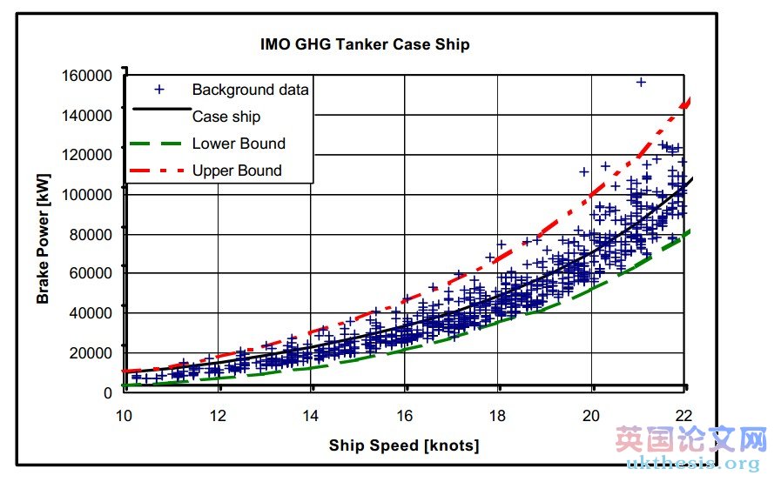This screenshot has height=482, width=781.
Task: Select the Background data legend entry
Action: click(x=250, y=90)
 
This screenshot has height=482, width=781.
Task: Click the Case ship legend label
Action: click(x=226, y=117)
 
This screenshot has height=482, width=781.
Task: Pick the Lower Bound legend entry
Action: click(x=238, y=144)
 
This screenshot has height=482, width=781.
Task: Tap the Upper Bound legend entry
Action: click(x=237, y=171)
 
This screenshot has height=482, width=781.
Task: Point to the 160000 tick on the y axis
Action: click(x=87, y=76)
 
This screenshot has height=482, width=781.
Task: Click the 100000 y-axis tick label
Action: click(x=87, y=194)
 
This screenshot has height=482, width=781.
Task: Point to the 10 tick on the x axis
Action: click(x=125, y=415)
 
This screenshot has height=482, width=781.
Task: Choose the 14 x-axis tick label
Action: click(x=312, y=415)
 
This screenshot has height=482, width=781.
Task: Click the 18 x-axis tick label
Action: click(x=498, y=415)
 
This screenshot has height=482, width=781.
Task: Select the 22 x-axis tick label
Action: click(x=684, y=415)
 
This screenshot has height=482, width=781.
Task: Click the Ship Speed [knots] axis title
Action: click(x=404, y=446)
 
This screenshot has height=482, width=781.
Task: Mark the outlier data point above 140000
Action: click(x=641, y=82)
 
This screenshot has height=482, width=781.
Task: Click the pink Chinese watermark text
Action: click(x=691, y=440)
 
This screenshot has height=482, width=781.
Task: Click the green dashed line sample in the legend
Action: click(x=158, y=144)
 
